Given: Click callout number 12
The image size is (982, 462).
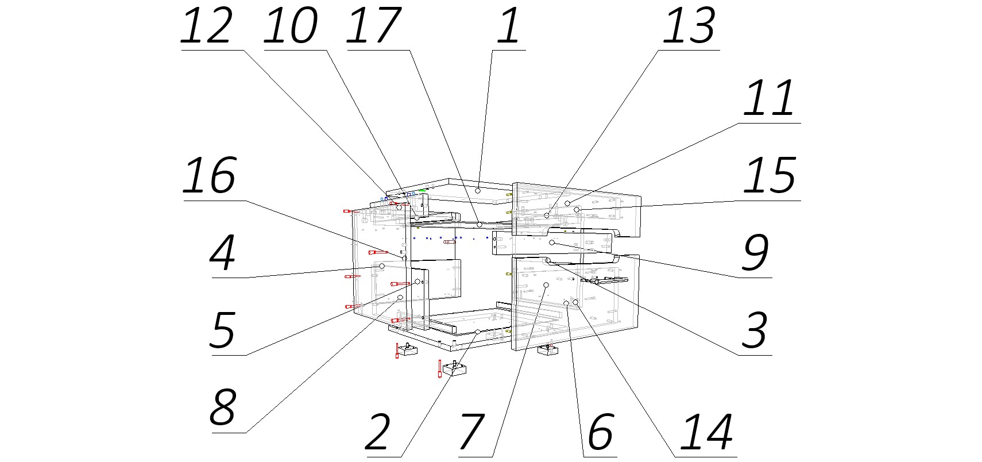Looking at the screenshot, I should (x=207, y=27).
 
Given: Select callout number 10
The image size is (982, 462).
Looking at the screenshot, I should (x=291, y=27).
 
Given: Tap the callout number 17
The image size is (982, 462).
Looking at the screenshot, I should (x=373, y=27).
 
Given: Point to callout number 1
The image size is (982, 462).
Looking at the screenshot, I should (x=508, y=27).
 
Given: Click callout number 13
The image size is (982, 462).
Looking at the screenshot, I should (x=689, y=27).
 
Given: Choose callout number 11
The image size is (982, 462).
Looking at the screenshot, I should (x=769, y=99).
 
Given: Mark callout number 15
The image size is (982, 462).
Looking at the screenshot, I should (x=769, y=176).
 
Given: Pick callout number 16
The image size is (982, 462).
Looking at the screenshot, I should (x=210, y=176).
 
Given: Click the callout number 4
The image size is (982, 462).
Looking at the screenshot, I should (x=223, y=254).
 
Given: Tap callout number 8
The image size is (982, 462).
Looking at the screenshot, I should (x=223, y=409).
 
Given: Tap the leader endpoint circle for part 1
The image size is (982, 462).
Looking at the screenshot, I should (x=478, y=190).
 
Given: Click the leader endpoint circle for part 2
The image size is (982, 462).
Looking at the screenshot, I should (x=477, y=332).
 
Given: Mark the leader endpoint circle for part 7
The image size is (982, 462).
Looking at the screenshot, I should (x=546, y=285).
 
